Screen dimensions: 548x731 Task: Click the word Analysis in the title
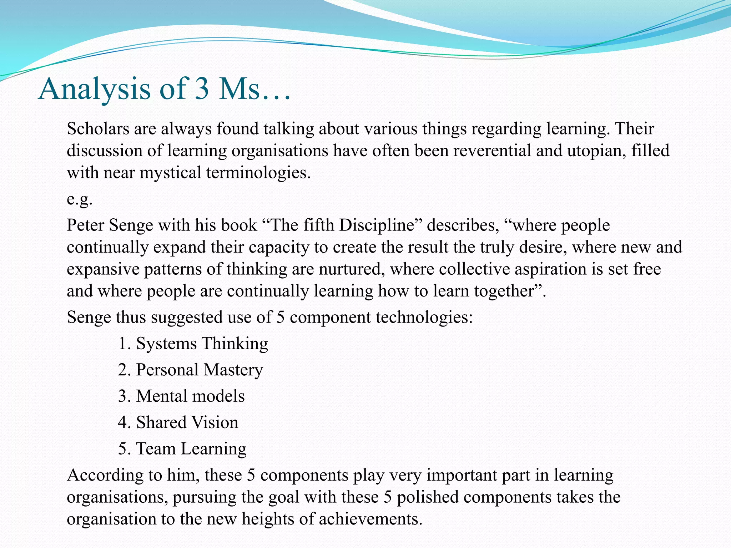[95, 89]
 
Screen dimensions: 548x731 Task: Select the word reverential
[492, 151]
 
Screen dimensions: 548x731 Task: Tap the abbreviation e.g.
[80, 199]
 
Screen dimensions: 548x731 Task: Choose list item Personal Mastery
[199, 370]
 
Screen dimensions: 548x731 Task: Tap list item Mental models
[190, 396]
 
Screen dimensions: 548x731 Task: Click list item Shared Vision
[187, 423]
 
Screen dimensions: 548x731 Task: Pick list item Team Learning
[191, 449]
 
